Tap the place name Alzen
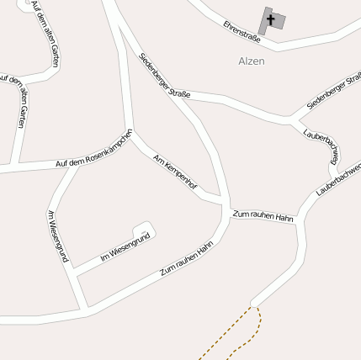252,61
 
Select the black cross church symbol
270,19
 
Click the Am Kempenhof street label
175,173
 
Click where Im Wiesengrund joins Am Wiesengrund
74,273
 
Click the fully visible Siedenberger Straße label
165,76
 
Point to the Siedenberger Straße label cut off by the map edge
334,91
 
